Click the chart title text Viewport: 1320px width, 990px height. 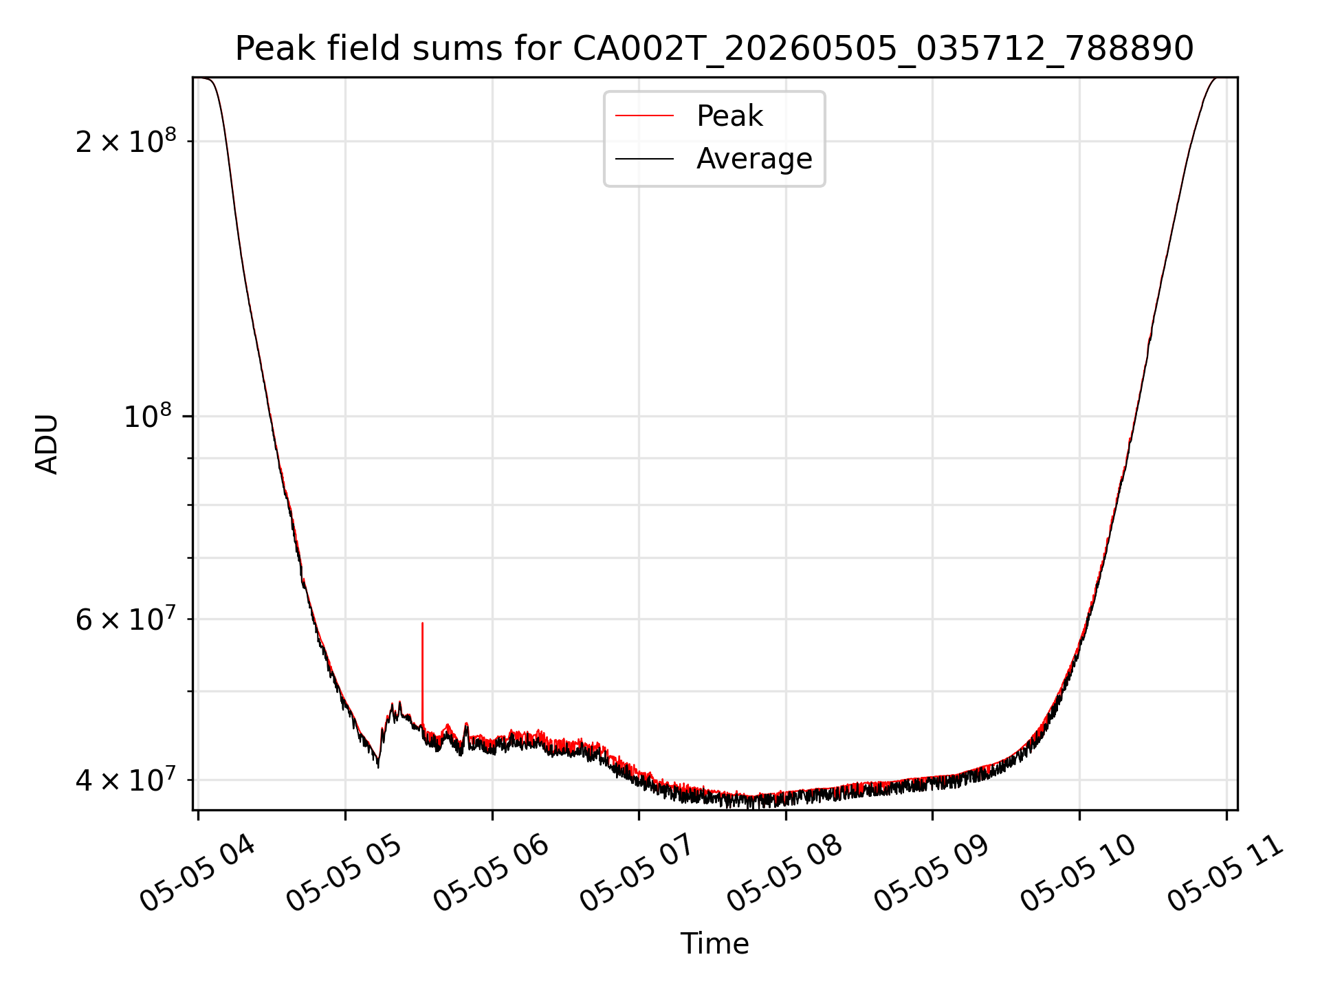tap(714, 49)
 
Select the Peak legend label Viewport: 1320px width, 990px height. tap(729, 116)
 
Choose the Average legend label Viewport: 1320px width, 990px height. tap(754, 159)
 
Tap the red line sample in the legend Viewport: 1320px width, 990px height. tap(644, 116)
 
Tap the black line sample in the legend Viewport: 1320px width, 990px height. tap(644, 159)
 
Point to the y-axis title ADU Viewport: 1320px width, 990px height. tap(47, 444)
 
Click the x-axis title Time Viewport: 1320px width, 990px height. tap(714, 943)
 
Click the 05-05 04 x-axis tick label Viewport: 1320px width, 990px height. tap(197, 873)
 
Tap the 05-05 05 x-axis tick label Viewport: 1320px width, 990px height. tap(344, 873)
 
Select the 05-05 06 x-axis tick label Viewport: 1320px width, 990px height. tap(491, 873)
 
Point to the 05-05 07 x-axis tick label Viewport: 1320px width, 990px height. tap(637, 873)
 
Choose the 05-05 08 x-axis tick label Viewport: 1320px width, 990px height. tap(784, 873)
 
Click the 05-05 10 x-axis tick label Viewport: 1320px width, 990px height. tap(1078, 873)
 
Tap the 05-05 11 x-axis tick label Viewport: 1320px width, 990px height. tap(1225, 873)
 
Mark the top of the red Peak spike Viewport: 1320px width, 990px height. tap(422, 623)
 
